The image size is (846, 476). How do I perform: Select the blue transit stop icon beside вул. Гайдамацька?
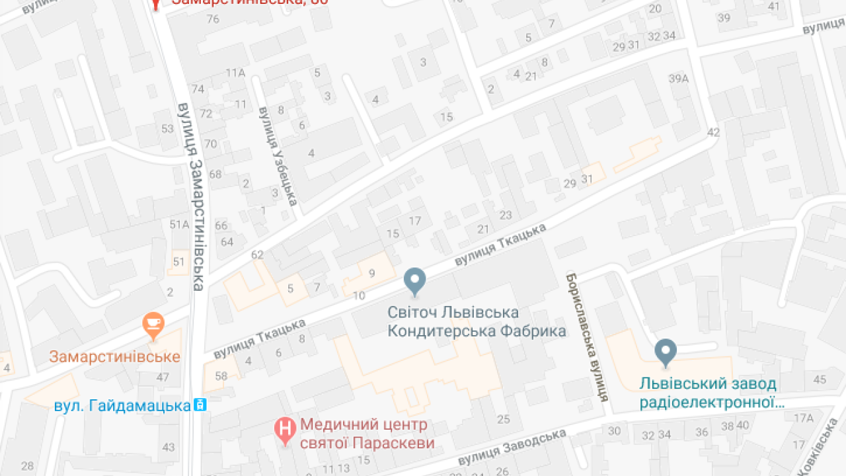pyautogui.click(x=200, y=405)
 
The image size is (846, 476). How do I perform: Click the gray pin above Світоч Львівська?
pyautogui.click(x=415, y=281)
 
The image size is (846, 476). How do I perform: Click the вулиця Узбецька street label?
pyautogui.click(x=278, y=156)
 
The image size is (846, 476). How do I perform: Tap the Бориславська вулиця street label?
pyautogui.click(x=586, y=337)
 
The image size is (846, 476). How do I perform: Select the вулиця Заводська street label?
pyautogui.click(x=512, y=448)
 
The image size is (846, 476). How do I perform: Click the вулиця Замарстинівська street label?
pyautogui.click(x=192, y=196)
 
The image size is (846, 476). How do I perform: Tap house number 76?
pyautogui.click(x=212, y=19)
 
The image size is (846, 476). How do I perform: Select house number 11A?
pyautogui.click(x=235, y=72)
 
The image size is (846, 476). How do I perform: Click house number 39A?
pyautogui.click(x=678, y=79)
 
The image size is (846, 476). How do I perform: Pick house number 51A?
pyautogui.click(x=179, y=224)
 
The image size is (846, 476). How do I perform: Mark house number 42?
pyautogui.click(x=712, y=132)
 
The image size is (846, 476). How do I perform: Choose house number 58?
pyautogui.click(x=221, y=376)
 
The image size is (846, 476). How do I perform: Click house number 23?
pyautogui.click(x=506, y=215)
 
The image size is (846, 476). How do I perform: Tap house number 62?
pyautogui.click(x=257, y=255)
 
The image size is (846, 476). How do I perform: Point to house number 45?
pyautogui.click(x=820, y=379)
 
